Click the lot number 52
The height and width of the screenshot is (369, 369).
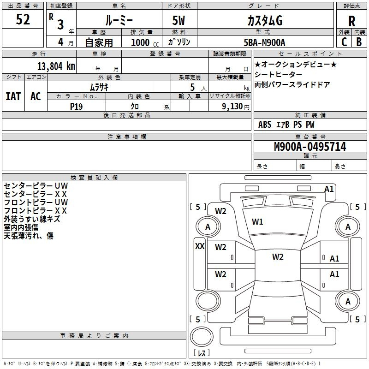tap(23, 19)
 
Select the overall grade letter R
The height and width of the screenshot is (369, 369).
tap(351, 21)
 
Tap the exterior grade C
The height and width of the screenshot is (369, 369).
tap(344, 42)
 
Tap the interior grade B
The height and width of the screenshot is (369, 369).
tap(359, 42)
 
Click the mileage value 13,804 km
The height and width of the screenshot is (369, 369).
tap(56, 66)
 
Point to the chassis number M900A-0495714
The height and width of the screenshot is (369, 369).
tap(310, 147)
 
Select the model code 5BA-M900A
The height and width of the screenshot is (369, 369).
tap(264, 42)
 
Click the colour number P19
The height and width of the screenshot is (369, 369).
tap(76, 107)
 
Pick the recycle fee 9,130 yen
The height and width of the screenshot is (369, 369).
tap(236, 107)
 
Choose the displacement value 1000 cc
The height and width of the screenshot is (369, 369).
tap(145, 42)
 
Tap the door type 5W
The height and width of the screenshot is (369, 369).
tap(179, 20)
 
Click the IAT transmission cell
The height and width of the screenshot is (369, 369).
tap(13, 96)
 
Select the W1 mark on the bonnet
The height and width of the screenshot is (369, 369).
tap(257, 222)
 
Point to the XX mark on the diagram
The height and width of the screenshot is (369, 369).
tap(200, 246)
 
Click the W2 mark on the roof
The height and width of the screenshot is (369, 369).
tap(278, 257)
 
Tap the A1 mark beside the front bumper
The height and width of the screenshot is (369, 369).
tap(329, 189)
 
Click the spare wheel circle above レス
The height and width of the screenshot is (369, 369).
tap(202, 336)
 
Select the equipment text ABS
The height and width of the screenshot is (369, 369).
tap(265, 125)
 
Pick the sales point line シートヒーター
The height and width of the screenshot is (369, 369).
tap(279, 74)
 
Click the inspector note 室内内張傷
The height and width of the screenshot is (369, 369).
tap(21, 227)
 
